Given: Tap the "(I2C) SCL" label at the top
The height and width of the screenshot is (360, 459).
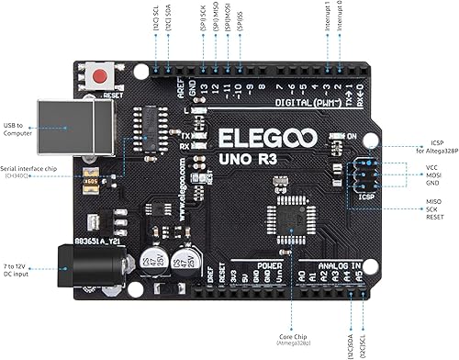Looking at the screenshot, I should click(x=156, y=17).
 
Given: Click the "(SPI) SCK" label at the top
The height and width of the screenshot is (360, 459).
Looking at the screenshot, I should click(x=202, y=18).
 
